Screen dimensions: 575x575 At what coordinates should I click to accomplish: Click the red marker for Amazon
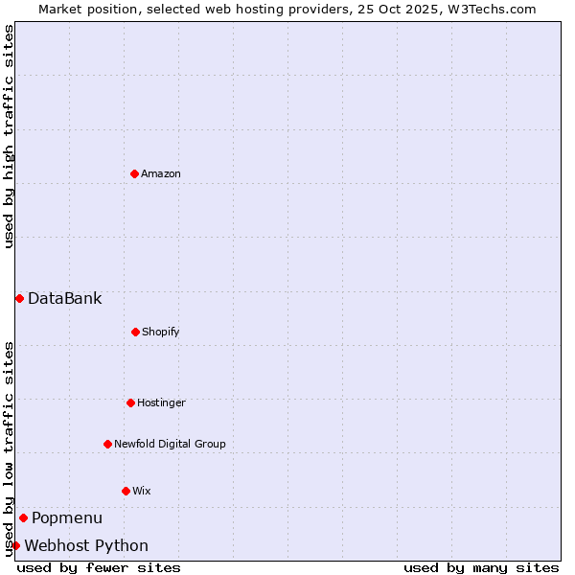(134, 173)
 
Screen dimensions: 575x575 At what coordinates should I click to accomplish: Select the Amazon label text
(161, 174)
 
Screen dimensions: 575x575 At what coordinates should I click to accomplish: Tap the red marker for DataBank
(19, 298)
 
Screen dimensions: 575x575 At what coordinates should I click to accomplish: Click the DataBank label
(64, 299)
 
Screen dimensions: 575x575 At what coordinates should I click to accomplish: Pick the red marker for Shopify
(135, 332)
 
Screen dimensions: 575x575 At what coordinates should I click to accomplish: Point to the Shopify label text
(161, 333)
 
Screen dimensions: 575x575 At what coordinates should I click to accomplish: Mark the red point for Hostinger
(130, 402)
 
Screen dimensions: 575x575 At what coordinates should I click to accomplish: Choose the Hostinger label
(161, 403)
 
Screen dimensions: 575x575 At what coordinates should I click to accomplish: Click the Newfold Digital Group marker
(107, 444)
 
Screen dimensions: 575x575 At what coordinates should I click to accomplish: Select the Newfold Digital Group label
(170, 445)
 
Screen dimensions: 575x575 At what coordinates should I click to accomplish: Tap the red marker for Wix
(126, 491)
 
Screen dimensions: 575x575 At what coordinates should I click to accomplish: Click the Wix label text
(142, 492)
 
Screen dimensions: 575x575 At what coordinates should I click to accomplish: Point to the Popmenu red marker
(23, 517)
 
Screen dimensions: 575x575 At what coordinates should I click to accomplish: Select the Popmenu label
(67, 518)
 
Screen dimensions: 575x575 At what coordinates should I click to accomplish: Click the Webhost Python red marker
(15, 545)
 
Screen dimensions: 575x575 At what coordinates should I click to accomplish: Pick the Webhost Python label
(86, 546)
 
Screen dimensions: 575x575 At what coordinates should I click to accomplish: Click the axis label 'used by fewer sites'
(99, 567)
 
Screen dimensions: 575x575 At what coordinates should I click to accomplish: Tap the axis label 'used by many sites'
(481, 567)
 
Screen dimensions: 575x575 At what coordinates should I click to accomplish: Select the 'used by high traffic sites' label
(9, 136)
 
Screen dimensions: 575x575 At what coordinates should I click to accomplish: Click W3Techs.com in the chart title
(488, 9)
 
